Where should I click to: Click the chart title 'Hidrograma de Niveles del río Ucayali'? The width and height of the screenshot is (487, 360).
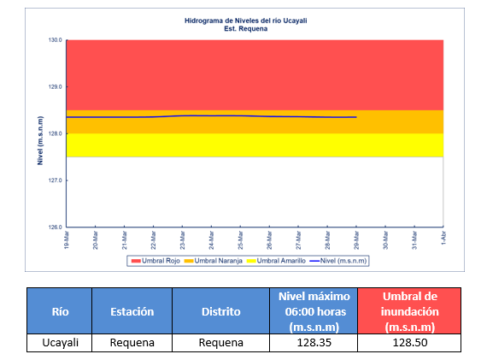246,21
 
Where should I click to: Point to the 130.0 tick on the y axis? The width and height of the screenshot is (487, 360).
55,40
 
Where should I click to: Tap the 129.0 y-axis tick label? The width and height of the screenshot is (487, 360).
55,86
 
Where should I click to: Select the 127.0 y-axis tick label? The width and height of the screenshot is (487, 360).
55,180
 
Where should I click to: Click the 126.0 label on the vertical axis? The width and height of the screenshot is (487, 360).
55,227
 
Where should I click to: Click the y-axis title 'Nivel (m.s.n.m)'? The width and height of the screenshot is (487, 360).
40,140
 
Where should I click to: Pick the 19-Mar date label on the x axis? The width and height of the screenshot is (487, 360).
66,240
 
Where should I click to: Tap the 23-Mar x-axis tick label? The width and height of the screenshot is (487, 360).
182,240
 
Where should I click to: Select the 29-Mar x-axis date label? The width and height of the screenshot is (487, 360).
356,240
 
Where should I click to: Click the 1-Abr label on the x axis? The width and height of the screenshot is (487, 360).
443,238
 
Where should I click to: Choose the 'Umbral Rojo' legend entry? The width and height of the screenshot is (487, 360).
155,261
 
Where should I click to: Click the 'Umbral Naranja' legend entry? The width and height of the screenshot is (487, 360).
213,261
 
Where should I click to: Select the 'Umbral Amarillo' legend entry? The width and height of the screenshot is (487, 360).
277,261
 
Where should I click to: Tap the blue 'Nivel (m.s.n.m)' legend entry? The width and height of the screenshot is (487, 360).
338,261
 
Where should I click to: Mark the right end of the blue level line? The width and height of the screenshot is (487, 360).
356,117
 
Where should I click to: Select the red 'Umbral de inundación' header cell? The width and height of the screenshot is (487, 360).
409,311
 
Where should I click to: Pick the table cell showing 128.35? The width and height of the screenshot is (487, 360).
314,343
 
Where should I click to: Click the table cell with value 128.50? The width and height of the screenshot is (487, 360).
409,343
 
